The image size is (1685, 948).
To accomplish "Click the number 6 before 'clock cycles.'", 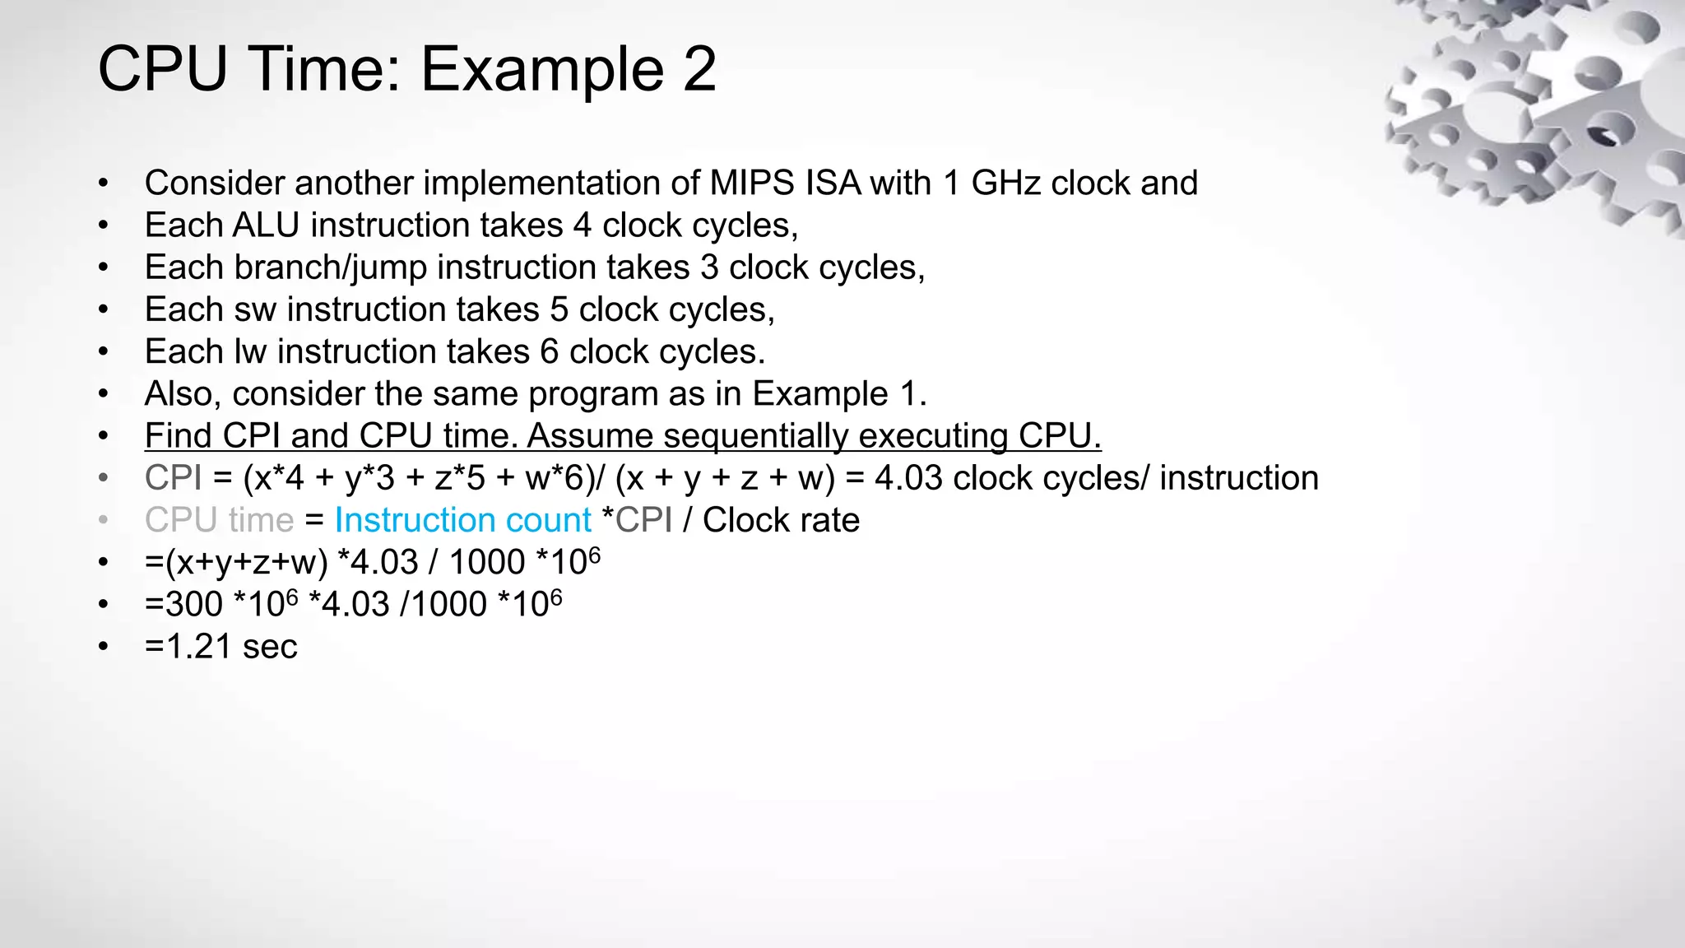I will [x=550, y=351].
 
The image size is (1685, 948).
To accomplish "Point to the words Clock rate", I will [x=781, y=520].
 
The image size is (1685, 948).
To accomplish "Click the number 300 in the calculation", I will [x=194, y=605].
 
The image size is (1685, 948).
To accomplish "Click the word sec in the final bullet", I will [x=270, y=647].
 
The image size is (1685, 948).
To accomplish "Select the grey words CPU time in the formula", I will [x=219, y=520].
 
